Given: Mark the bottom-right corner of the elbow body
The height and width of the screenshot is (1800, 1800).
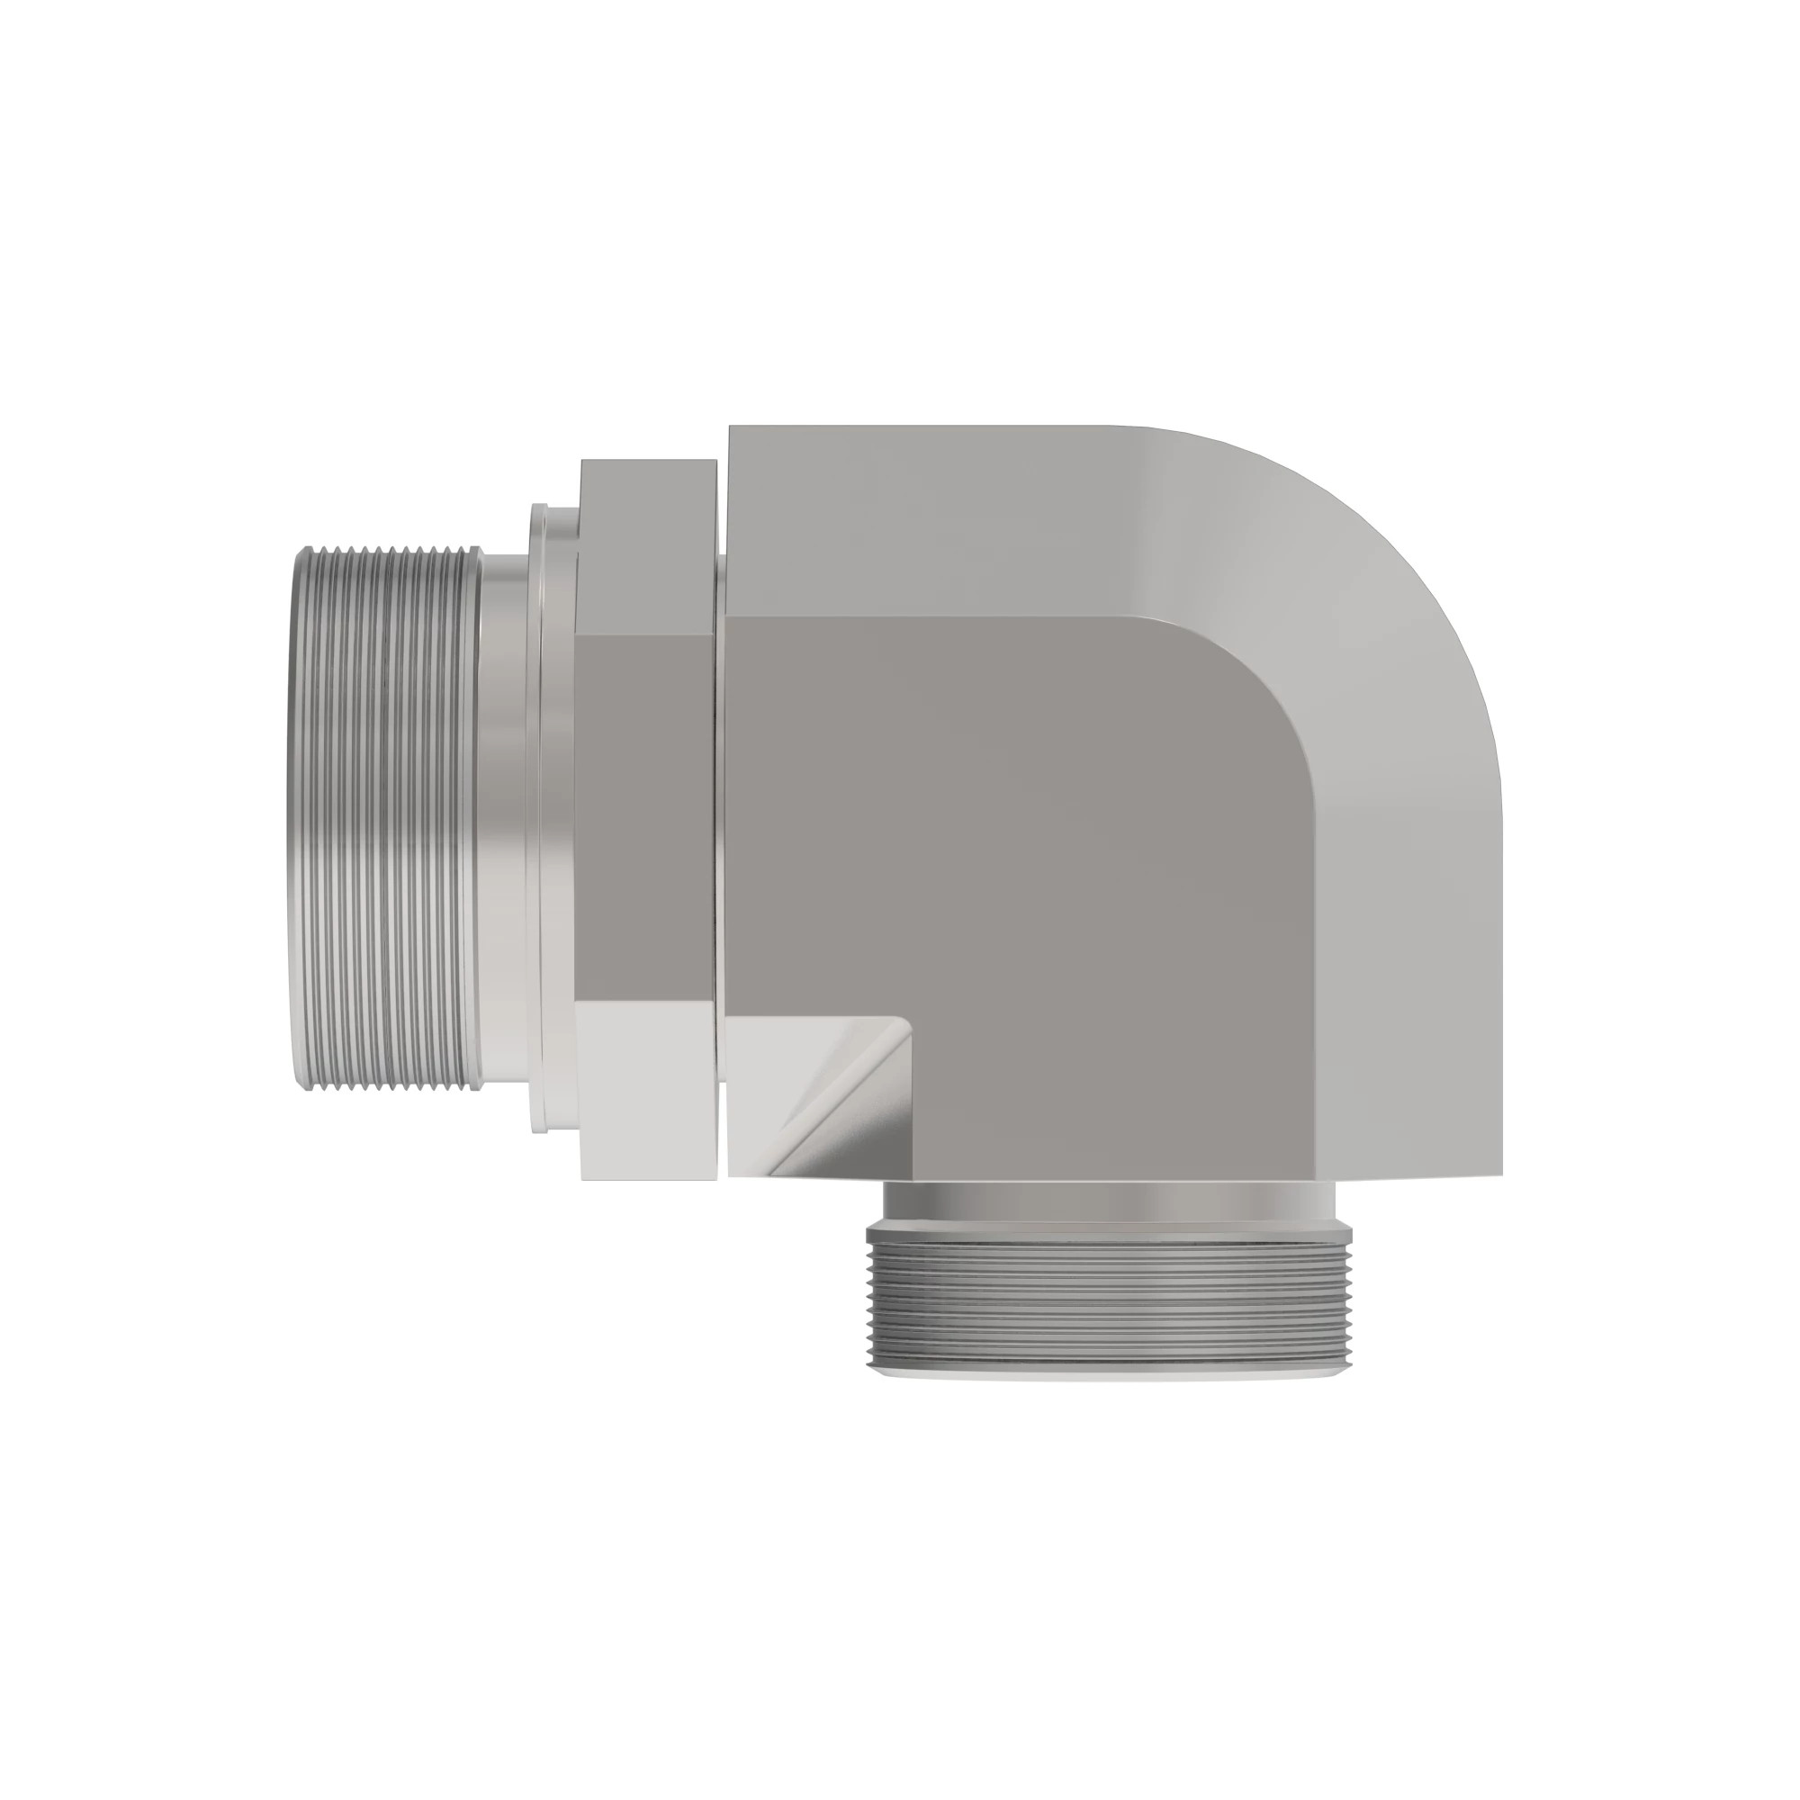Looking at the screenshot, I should click(1502, 1175).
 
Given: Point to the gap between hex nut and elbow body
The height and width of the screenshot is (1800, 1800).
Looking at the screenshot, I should click(722, 820).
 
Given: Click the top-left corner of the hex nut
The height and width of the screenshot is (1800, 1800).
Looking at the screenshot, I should click(583, 462).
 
